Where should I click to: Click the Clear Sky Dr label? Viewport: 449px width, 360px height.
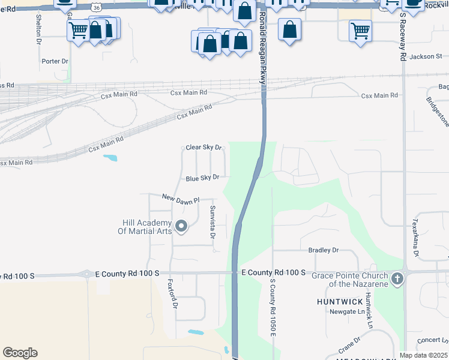tap(204, 147)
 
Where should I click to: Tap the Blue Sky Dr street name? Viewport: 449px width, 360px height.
tap(202, 178)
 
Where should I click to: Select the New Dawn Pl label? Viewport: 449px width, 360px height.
tap(180, 199)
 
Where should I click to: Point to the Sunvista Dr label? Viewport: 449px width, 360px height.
tap(212, 221)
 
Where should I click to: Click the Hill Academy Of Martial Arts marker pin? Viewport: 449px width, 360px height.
tap(182, 226)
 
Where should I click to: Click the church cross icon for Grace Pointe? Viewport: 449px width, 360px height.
tap(396, 278)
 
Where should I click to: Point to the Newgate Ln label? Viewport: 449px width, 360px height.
tap(347, 311)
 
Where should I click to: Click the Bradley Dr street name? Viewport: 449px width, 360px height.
tap(324, 250)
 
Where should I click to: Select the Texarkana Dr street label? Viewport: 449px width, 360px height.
tap(414, 237)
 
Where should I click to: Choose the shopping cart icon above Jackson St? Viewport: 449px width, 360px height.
tap(360, 30)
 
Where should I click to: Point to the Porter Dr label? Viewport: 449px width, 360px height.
tap(56, 61)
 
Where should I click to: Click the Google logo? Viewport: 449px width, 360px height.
tap(20, 353)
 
